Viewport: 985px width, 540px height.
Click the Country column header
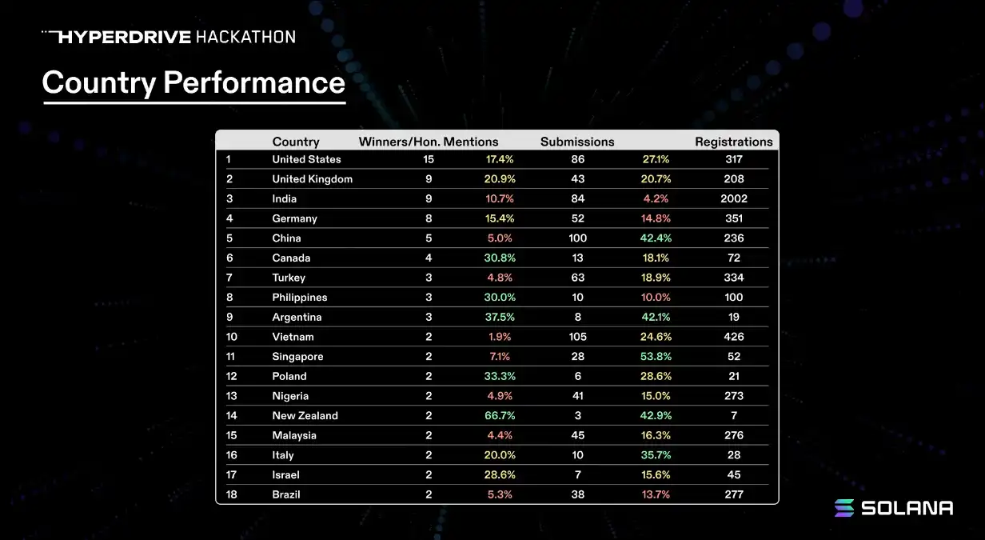pos(296,142)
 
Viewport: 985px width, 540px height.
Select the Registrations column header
pos(733,142)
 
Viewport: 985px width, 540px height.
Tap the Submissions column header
pos(577,142)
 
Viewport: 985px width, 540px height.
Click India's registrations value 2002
pos(733,198)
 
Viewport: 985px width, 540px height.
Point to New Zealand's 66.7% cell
pos(500,415)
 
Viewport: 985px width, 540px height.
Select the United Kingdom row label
pos(312,179)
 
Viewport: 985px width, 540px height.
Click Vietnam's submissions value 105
pos(577,337)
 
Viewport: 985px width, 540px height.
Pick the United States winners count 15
pos(429,159)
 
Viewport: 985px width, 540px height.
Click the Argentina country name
pos(297,317)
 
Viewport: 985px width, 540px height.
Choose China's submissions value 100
pos(577,238)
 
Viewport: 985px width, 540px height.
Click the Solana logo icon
pos(844,508)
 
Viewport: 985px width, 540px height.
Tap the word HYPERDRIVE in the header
pos(124,37)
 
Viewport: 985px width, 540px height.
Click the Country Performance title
pos(193,82)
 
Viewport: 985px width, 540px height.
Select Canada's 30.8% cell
pos(500,258)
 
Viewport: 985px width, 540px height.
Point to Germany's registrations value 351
pos(733,218)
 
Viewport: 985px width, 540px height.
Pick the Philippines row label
pos(300,297)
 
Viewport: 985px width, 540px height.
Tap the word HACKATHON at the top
pos(245,37)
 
